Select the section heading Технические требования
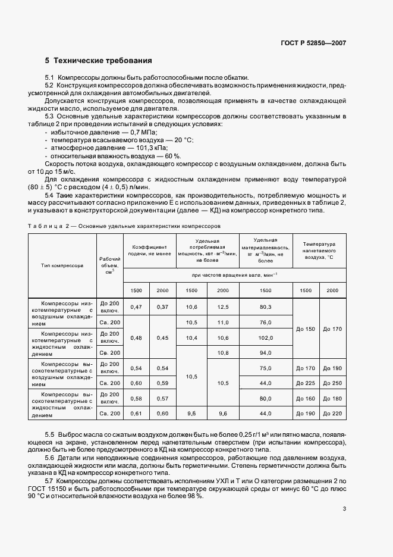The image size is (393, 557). [103, 61]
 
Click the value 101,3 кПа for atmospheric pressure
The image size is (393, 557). [152, 146]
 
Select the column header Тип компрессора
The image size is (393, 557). [62, 266]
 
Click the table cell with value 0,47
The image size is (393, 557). [136, 306]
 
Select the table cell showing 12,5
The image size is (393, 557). [223, 306]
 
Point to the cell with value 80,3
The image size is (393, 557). [265, 306]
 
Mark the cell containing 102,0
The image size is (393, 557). [265, 337]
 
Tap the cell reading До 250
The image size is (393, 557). [332, 383]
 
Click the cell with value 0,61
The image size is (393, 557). [136, 413]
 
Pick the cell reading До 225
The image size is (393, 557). [306, 383]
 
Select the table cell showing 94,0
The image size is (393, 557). [265, 353]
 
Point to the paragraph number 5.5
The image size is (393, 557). [49, 436]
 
